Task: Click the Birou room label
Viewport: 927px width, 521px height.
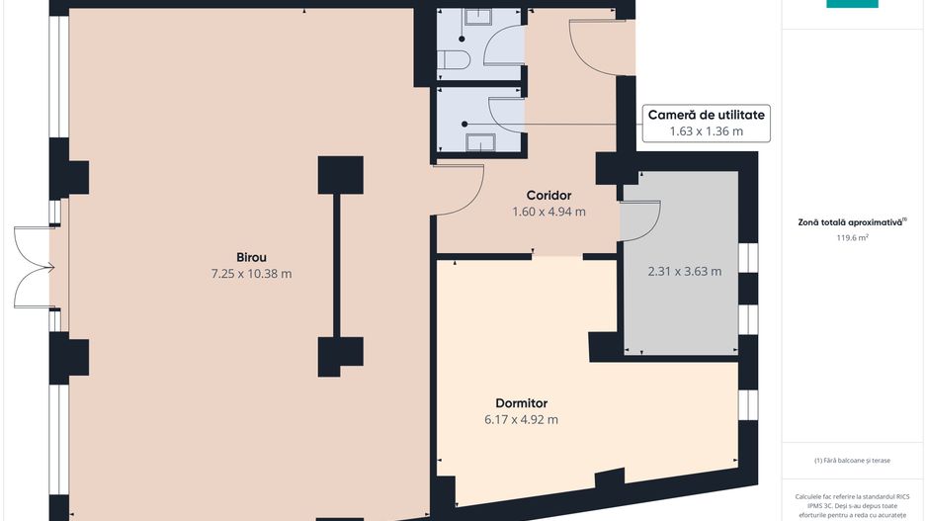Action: pos(251,257)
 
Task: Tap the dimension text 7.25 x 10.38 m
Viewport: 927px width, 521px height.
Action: pos(251,274)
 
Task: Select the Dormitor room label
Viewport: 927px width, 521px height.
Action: pos(522,403)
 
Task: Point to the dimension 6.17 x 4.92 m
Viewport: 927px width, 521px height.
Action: pos(522,420)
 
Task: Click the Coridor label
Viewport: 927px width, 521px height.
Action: pos(549,195)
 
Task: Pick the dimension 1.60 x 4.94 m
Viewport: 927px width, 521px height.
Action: pos(549,212)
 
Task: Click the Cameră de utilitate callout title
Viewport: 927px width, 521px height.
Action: pos(707,115)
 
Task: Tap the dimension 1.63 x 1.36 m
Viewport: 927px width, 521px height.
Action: pos(707,131)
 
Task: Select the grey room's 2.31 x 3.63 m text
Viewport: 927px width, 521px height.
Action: pos(685,272)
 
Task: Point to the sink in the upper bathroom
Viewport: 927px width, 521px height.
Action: pos(478,17)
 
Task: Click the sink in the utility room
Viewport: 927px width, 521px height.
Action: pos(480,142)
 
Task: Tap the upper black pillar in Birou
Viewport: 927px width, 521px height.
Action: pos(341,175)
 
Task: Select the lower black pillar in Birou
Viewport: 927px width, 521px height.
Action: pos(341,356)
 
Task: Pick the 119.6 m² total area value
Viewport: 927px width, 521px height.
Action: pos(852,237)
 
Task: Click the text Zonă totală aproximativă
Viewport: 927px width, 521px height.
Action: pos(850,223)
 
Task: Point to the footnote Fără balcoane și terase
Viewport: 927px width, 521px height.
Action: pos(852,460)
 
